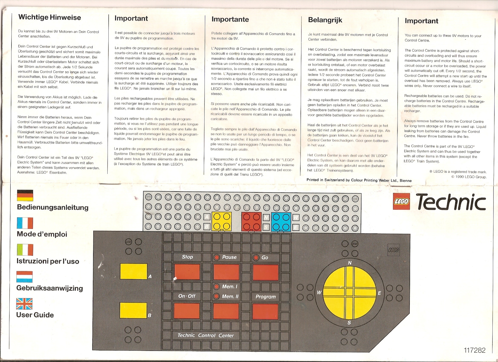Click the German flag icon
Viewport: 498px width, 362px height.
coord(25,195)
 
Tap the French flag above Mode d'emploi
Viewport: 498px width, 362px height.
coord(25,223)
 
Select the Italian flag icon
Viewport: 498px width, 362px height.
coord(25,250)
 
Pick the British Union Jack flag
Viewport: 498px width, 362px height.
coord(25,304)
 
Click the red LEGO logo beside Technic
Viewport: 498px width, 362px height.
coord(402,201)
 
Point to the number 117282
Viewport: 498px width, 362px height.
coord(475,350)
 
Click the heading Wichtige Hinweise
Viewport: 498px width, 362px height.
coord(50,18)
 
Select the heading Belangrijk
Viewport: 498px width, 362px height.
coord(325,20)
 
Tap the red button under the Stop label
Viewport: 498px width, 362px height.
coord(187,272)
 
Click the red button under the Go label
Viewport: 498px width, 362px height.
coord(266,273)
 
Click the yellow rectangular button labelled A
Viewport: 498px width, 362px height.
coord(133,271)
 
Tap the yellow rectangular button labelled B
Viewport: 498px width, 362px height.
coord(133,310)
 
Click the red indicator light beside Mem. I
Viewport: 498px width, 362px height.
coord(217,287)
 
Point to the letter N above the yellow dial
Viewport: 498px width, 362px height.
coord(350,263)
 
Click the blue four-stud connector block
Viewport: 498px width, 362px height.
coord(281,222)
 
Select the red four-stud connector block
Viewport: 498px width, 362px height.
coord(251,221)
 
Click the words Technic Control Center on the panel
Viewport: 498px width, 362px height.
coord(206,335)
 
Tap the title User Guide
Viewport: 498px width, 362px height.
coord(35,315)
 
